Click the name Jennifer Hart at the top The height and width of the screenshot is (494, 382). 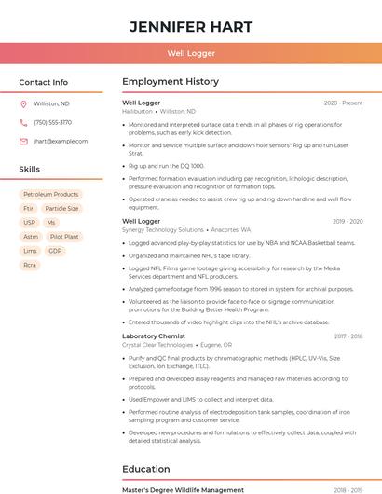191,27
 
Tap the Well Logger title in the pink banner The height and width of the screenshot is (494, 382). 191,54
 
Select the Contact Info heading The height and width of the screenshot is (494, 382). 44,82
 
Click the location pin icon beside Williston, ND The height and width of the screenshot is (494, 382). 23,103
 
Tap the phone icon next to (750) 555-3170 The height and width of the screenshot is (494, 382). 23,122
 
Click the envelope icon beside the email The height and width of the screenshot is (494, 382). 23,142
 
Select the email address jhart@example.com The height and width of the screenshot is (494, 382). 61,142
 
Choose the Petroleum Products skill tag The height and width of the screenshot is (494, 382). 52,195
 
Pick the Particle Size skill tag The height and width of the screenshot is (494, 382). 61,209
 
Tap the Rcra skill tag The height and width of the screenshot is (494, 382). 30,265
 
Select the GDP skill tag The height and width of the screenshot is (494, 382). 55,251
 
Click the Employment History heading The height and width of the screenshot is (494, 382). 171,82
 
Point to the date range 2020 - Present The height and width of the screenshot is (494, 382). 343,103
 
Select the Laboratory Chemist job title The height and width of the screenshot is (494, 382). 154,336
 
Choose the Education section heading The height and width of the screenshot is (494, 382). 147,469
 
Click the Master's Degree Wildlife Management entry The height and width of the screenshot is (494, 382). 178,489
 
